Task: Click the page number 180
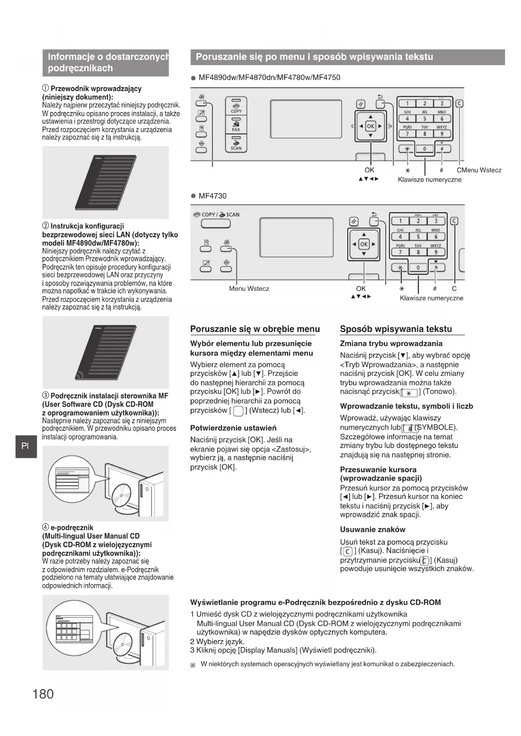tap(43, 694)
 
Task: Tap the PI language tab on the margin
tap(25, 446)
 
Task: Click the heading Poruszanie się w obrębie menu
tap(255, 329)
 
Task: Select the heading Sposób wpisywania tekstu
tap(396, 329)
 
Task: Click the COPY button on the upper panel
tap(236, 106)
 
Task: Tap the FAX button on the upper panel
tap(236, 125)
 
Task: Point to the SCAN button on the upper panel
tap(236, 143)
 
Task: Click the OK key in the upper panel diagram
tap(370, 126)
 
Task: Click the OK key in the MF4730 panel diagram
tap(364, 244)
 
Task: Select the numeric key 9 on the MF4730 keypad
tap(436, 252)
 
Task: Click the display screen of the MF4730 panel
tap(296, 237)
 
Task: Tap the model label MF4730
tap(212, 196)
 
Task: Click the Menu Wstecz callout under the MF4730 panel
tap(249, 289)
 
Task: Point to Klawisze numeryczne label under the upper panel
tap(429, 180)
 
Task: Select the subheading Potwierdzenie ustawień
tap(233, 428)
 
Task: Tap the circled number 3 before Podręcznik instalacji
tap(45, 396)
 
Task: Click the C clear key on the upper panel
tap(459, 104)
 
